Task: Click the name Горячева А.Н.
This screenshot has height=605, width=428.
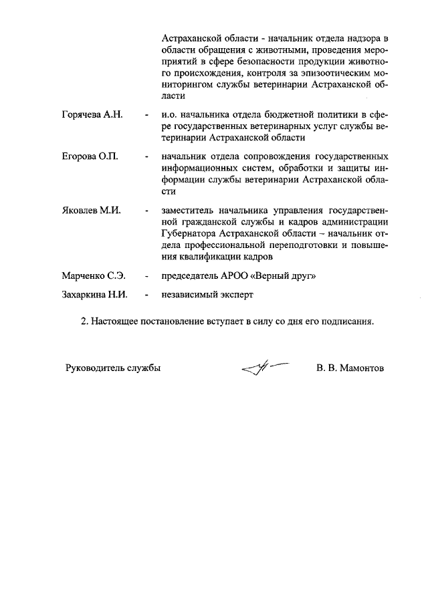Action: click(91, 116)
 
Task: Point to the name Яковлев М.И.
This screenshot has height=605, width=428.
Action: click(91, 211)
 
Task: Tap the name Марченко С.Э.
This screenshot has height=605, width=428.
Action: click(94, 275)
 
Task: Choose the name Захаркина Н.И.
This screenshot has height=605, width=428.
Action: click(95, 293)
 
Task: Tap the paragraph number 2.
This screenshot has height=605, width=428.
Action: click(84, 321)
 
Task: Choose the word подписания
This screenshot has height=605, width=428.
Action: click(346, 321)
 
